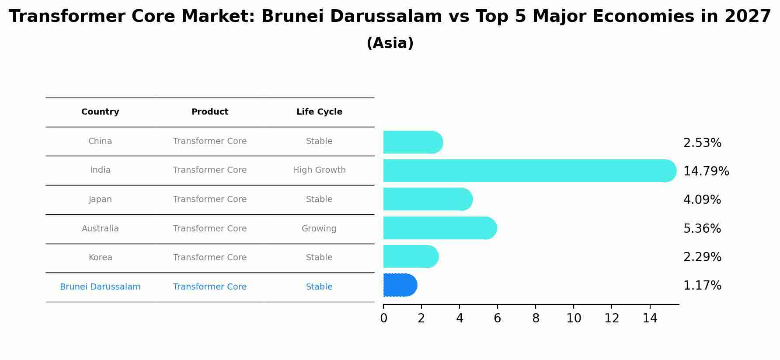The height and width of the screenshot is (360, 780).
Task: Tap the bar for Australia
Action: [439, 228]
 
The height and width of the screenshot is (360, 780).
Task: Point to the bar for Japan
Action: [428, 199]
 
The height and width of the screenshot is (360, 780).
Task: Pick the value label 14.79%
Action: [706, 171]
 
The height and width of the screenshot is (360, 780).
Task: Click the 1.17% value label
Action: [702, 286]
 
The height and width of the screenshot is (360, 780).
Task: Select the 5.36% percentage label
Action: [702, 229]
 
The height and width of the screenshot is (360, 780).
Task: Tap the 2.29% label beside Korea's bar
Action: [702, 257]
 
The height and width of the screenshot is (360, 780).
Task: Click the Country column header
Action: [100, 112]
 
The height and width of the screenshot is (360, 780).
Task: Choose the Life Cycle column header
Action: [319, 112]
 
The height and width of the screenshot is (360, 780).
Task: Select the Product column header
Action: [210, 112]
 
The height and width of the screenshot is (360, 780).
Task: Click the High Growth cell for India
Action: [319, 170]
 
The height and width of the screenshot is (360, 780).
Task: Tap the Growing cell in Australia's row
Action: [319, 229]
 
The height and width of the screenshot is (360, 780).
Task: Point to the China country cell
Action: [100, 141]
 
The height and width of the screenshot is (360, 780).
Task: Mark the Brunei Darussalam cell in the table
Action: [100, 287]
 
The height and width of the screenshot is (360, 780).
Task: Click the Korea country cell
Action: [100, 258]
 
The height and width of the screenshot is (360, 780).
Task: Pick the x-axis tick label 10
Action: [574, 319]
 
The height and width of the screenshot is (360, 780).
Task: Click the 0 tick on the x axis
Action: [383, 319]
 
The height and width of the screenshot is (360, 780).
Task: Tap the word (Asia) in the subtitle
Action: [390, 43]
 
